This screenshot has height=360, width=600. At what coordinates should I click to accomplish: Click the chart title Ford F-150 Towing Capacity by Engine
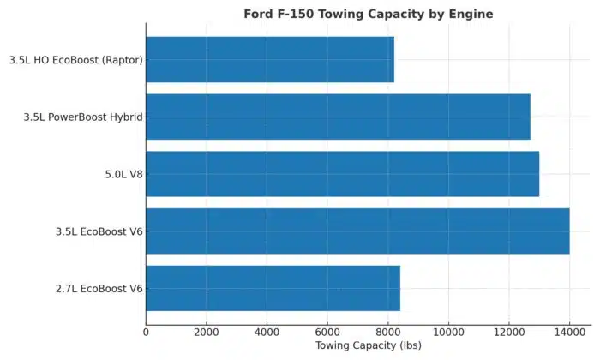[369, 14]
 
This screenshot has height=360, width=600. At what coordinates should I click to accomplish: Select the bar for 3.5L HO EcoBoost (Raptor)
[270, 59]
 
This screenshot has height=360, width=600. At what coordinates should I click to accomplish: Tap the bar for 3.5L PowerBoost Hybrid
[338, 117]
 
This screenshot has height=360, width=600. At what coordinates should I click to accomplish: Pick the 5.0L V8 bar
[343, 174]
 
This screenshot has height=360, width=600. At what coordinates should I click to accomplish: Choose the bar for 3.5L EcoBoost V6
[357, 231]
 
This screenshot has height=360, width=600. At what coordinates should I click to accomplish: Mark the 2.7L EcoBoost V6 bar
[273, 288]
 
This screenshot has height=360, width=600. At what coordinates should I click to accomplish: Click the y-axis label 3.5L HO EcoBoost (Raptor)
[75, 60]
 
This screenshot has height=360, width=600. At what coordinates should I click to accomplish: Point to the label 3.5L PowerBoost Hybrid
[83, 117]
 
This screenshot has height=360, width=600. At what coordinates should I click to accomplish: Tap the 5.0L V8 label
[122, 174]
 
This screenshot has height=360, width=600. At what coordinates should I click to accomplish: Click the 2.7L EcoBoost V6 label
[99, 289]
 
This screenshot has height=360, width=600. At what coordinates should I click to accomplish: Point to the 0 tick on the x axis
[146, 331]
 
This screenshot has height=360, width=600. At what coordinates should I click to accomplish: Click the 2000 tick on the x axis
[207, 331]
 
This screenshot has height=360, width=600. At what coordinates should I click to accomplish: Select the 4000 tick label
[267, 331]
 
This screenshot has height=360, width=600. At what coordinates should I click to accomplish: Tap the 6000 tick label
[327, 331]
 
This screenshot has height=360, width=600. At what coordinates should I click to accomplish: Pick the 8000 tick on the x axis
[387, 331]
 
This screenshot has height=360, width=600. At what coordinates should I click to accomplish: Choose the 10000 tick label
[448, 331]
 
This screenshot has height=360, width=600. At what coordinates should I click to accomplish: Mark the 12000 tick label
[509, 331]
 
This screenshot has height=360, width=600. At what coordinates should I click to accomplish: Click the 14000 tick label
[569, 331]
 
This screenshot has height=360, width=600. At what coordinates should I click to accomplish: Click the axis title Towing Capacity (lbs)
[368, 346]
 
